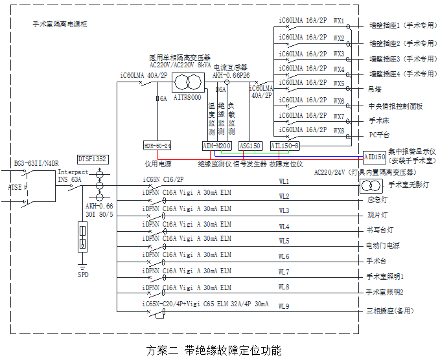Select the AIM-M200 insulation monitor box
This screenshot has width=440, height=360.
click(216, 146)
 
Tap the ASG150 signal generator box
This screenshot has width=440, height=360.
click(249, 146)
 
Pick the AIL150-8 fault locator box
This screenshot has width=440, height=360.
click(284, 146)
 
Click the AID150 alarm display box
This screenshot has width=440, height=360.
click(374, 157)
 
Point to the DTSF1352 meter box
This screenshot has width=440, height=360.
click(93, 159)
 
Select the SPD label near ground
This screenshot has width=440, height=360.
click(83, 274)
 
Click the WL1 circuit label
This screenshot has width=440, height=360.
click(284, 181)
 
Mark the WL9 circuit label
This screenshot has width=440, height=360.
click(284, 306)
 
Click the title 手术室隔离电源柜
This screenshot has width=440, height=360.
click(60, 24)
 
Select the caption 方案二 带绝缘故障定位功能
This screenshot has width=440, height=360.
click(214, 350)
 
